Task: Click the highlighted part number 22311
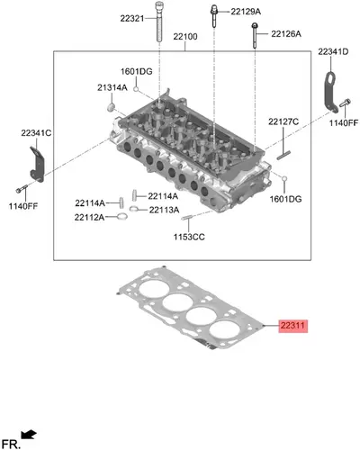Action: (293, 326)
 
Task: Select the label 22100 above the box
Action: (185, 37)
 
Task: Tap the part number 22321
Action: (132, 18)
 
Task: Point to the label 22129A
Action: (246, 12)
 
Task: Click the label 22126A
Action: (286, 34)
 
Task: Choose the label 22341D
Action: (333, 51)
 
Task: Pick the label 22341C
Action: (36, 133)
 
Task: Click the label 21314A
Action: (112, 87)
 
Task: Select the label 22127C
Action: (283, 121)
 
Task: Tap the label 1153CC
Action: (189, 237)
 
